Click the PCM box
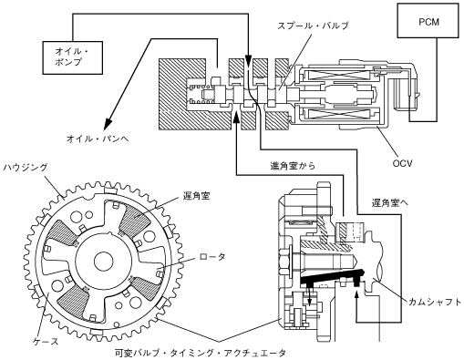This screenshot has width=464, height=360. [x=428, y=20]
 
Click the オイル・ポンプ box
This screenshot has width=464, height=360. [x=73, y=57]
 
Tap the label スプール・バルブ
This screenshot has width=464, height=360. [x=313, y=26]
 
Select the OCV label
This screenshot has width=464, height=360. [x=402, y=163]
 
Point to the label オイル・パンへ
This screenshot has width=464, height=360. [x=98, y=139]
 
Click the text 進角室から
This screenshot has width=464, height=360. [x=293, y=166]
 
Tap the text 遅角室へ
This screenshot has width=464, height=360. [x=390, y=202]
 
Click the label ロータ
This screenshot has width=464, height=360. [x=212, y=257]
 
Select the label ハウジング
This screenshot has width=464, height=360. [x=26, y=167]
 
